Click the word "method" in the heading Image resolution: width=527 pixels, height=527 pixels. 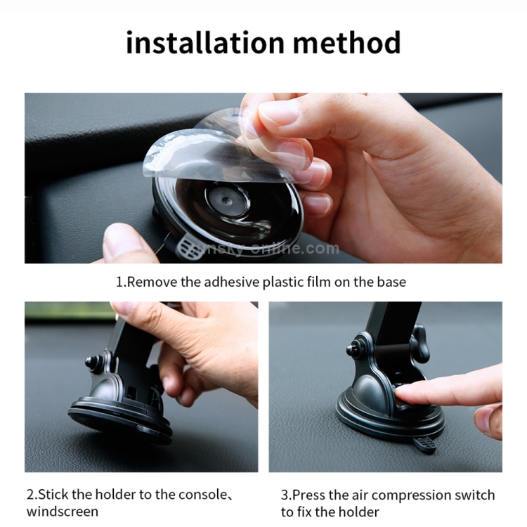pyautogui.click(x=347, y=42)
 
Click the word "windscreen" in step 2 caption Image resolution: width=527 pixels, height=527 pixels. pyautogui.click(x=63, y=512)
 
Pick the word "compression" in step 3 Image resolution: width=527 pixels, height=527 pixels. pyautogui.click(x=411, y=495)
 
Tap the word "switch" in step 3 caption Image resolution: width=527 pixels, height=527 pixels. pyautogui.click(x=474, y=495)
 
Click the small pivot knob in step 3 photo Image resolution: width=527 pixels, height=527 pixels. pyautogui.click(x=352, y=349)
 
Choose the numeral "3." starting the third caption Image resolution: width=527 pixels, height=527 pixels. pyautogui.click(x=287, y=495)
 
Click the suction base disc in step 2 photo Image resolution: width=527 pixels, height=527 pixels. pyautogui.click(x=120, y=420)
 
